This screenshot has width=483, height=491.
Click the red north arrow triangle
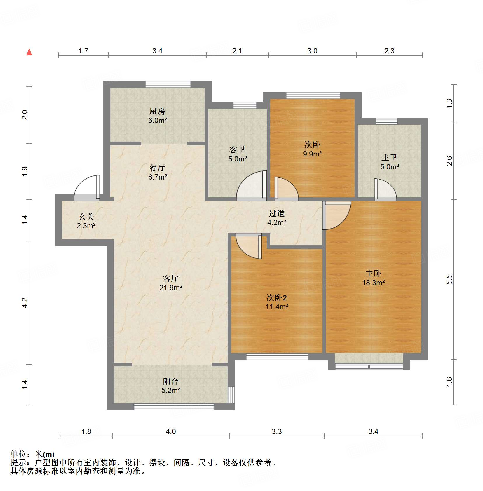[x=29, y=52]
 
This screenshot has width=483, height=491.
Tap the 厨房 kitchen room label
[x=157, y=111]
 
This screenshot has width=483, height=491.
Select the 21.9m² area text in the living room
[x=171, y=288]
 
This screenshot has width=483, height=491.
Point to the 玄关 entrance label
[x=86, y=216]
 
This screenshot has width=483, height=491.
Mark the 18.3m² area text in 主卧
[x=373, y=283]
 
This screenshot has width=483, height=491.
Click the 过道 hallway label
[x=276, y=213]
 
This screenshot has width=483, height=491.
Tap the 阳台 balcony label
[x=171, y=381]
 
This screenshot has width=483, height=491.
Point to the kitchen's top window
[x=168, y=84]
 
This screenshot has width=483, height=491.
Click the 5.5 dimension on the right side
[x=449, y=279]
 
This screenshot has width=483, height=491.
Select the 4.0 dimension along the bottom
[x=171, y=431]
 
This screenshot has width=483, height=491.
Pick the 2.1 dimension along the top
[x=237, y=51]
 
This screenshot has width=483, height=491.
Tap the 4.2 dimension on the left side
[x=25, y=303]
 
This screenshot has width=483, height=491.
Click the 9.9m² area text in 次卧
[x=312, y=154]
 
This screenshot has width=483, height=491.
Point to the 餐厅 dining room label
[x=157, y=168]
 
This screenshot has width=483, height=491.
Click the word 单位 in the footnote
[x=18, y=454]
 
